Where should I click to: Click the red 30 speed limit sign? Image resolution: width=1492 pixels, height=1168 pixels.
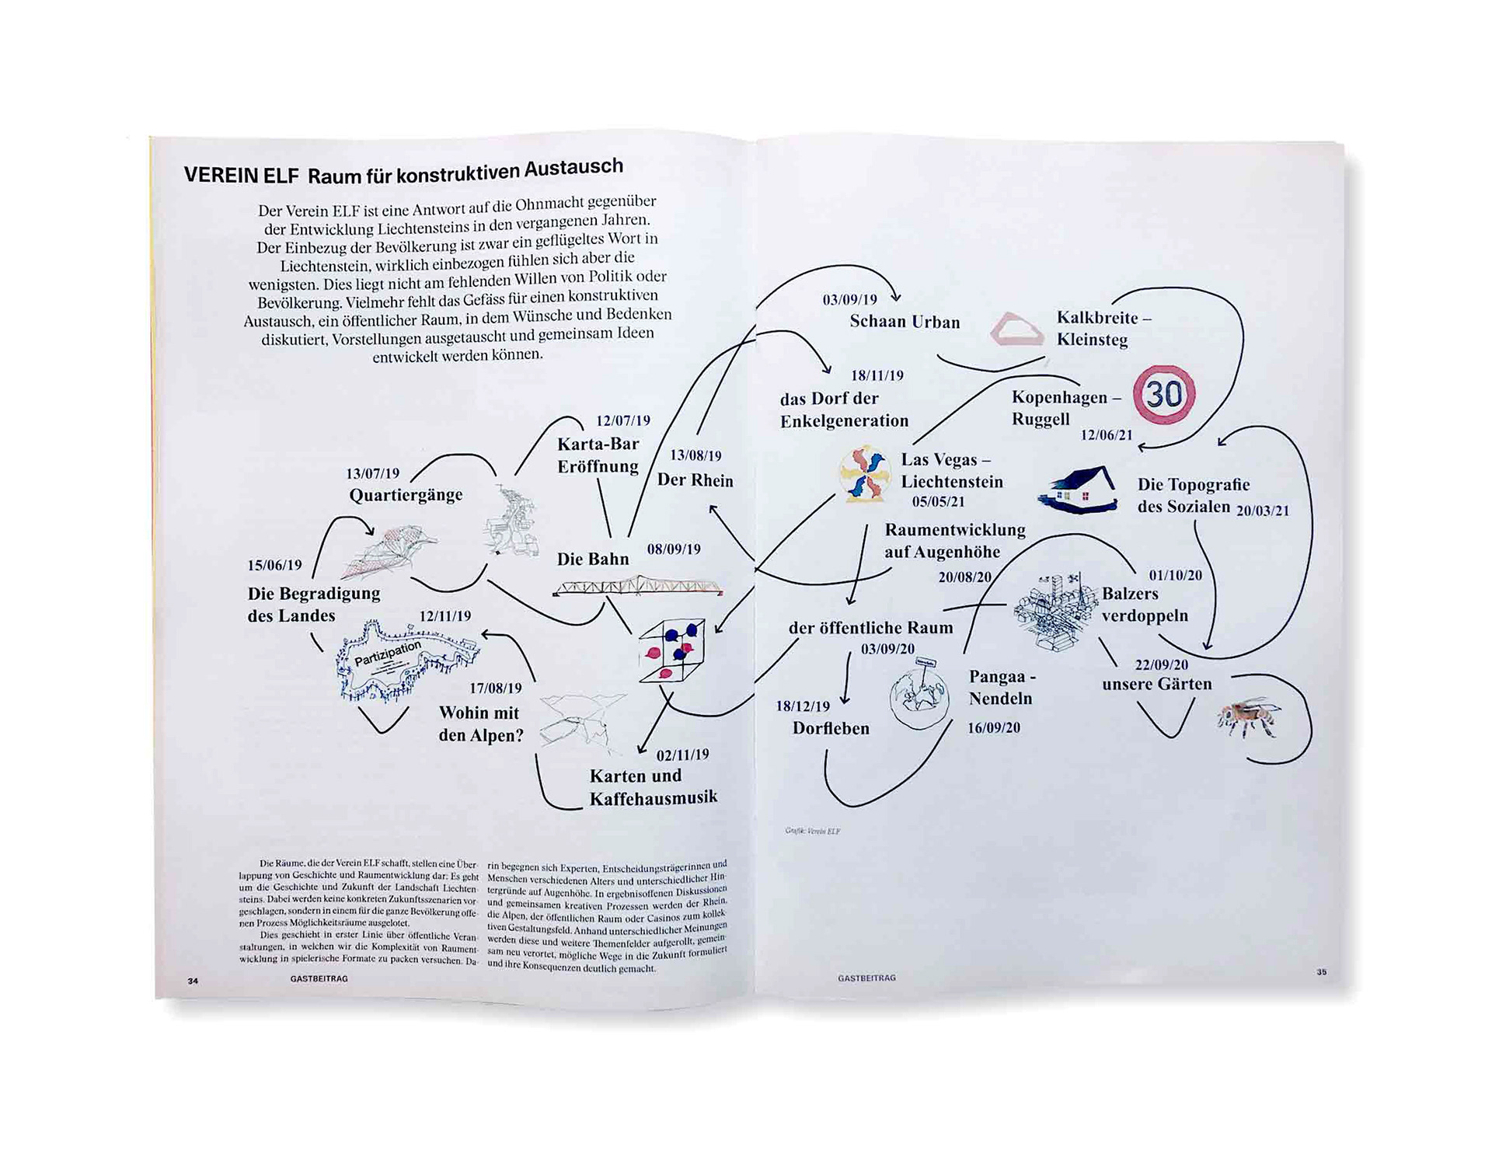point(1163,395)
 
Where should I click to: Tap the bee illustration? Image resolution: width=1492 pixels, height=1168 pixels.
point(1248,717)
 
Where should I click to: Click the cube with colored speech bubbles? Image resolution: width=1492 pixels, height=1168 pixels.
point(671,650)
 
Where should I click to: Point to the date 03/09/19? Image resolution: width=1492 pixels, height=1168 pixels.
point(849,299)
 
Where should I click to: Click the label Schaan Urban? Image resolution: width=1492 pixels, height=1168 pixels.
point(905,322)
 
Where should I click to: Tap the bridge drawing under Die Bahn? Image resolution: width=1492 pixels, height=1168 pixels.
point(638,585)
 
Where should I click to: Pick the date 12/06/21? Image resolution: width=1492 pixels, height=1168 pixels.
point(1106,434)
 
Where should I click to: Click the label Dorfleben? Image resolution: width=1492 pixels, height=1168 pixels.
point(831,728)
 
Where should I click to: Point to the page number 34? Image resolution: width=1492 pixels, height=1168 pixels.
point(193,981)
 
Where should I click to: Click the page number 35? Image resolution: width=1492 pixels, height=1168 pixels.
point(1321,971)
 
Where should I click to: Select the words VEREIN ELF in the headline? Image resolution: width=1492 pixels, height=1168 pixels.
point(241,175)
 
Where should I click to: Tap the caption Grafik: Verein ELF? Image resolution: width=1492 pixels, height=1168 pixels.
point(812,831)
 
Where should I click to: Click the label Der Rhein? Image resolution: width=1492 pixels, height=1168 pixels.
point(695,480)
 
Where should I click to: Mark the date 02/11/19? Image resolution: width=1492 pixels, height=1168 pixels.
point(682,755)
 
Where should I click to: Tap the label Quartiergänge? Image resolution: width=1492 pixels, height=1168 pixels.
point(406,495)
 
